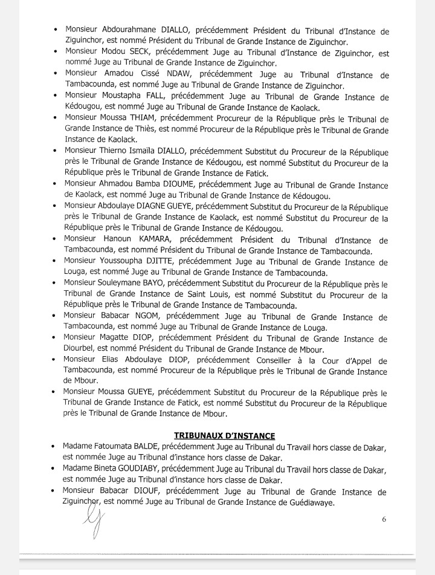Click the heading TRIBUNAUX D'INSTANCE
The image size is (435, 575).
click(x=224, y=435)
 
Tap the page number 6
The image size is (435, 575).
click(x=384, y=518)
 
